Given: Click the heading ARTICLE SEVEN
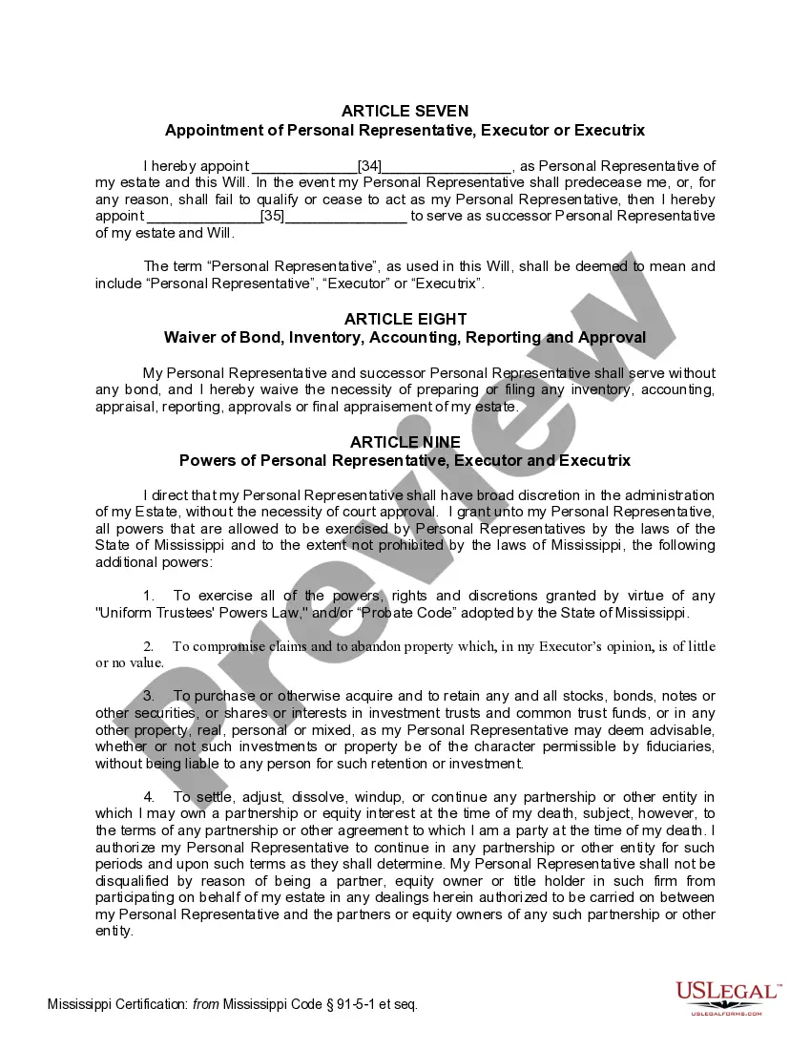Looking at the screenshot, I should (405, 112).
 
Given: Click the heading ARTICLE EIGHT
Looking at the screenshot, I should (405, 319).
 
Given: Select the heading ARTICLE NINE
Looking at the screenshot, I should (405, 442).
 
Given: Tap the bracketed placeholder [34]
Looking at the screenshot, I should (369, 165).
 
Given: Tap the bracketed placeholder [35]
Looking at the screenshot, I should (273, 216).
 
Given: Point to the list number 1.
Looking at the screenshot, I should (148, 596).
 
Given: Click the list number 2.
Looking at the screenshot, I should (148, 646).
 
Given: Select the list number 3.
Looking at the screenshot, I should (148, 696).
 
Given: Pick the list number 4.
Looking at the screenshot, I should (148, 797).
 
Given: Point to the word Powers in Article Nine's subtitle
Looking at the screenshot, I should (204, 460).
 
